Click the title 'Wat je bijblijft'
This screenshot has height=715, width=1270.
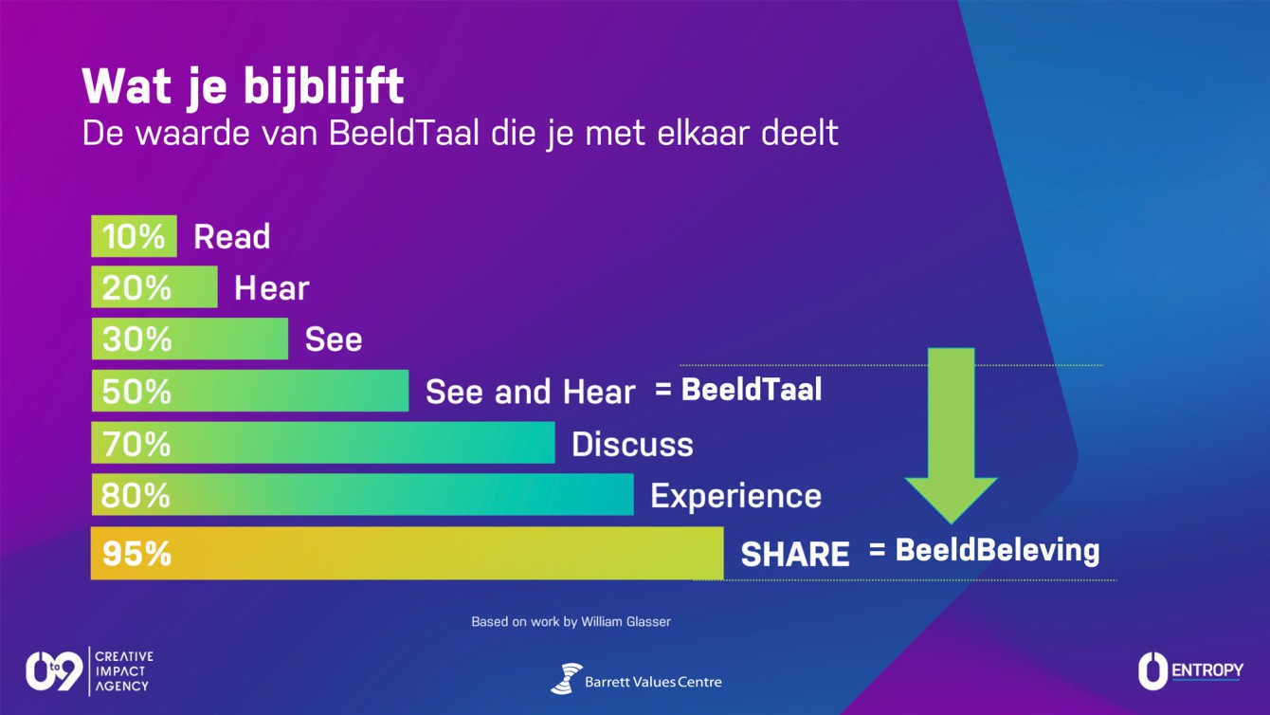tap(243, 87)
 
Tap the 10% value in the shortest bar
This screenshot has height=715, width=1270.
tap(134, 236)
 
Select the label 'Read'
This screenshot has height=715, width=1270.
tap(232, 237)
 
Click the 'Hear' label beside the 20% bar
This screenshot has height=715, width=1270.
tap(272, 287)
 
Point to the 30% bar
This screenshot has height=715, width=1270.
tap(190, 339)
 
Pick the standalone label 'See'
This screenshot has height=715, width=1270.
tap(334, 339)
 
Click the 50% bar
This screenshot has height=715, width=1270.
tap(250, 391)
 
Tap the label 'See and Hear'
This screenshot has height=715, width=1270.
tap(530, 392)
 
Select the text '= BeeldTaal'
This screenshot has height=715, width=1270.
tap(738, 390)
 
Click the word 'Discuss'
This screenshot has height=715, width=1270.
tap(632, 444)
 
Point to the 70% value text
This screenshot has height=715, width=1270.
tap(136, 443)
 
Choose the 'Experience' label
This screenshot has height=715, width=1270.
tap(735, 496)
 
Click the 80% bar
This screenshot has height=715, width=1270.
tap(362, 494)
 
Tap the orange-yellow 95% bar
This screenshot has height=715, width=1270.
tap(408, 553)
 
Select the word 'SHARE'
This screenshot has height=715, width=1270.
tap(795, 554)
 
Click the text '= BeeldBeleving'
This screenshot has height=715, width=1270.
tap(984, 550)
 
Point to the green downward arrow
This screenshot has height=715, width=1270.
tap(951, 435)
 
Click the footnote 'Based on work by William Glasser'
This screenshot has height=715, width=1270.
tap(571, 622)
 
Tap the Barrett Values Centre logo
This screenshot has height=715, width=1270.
tap(636, 679)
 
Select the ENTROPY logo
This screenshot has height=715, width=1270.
tap(1190, 670)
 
